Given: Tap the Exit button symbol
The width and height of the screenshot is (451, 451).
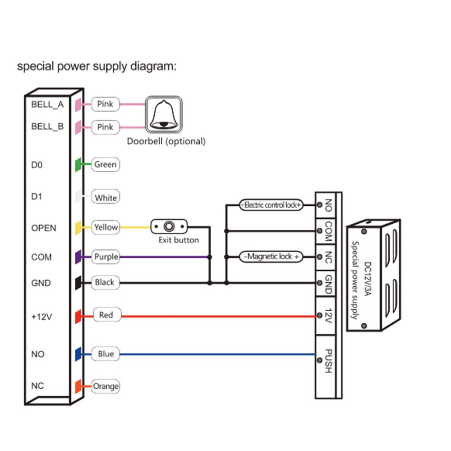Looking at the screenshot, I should tap(169, 226).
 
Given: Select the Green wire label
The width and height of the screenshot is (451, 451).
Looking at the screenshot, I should tap(105, 165).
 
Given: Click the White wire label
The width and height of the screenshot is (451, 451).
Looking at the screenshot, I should tap(106, 198).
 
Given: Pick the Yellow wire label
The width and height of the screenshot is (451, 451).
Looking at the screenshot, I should tap(106, 227).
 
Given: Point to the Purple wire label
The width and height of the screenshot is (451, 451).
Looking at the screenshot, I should tap(106, 257).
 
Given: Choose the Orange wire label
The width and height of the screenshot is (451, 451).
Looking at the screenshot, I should tap(106, 386).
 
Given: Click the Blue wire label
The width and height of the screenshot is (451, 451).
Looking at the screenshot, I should tap(106, 354).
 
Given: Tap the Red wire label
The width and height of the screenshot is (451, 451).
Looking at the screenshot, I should tap(106, 315).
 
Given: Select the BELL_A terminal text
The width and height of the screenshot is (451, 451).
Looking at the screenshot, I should tap(47, 105).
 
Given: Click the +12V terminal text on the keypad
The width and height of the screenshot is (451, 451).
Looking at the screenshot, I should tap(42, 317).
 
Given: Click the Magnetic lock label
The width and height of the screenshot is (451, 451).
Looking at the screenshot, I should tap(272, 257).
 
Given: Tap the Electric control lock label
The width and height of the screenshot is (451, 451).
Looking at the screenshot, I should tap(271, 205).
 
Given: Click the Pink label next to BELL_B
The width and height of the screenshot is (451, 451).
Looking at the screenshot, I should tap(105, 127).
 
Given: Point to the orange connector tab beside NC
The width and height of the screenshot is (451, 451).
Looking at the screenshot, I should tap(78, 386).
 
